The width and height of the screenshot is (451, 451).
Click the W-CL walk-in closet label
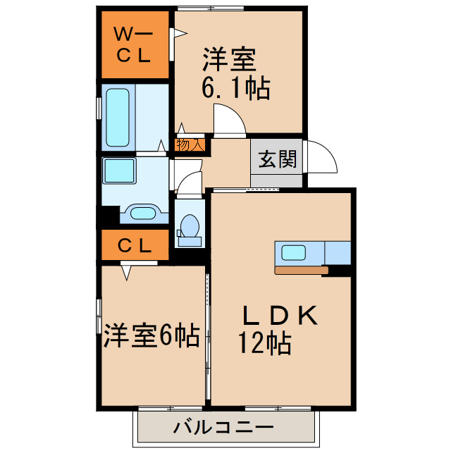coord(134,44)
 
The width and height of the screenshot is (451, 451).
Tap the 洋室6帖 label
coord(151,336)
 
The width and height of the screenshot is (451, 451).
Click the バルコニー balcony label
coord(224,427)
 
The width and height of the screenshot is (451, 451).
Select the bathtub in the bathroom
coord(116,116)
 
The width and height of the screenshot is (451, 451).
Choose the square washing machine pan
coord(119,170)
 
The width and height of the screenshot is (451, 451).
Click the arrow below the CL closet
coord(128,271)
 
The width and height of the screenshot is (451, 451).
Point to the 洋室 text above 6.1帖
coord(229,59)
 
